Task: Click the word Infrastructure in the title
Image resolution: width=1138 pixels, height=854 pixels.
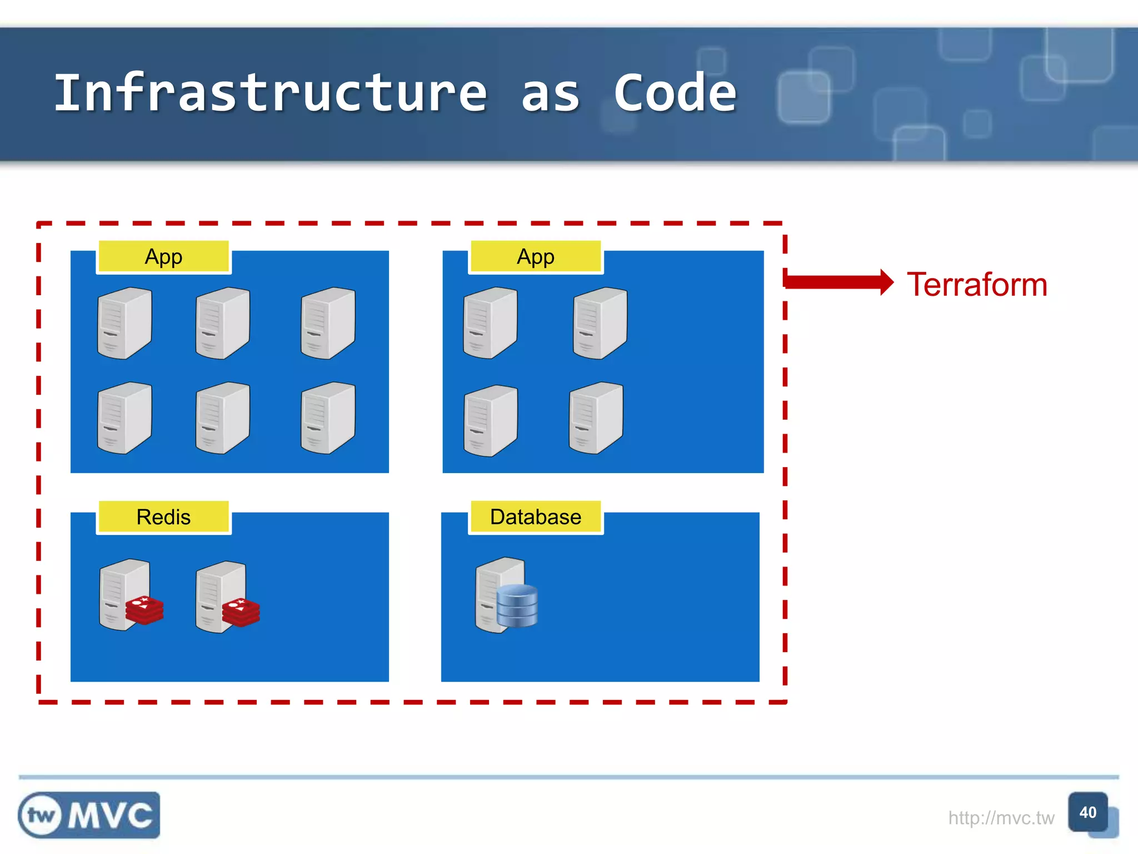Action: click(271, 93)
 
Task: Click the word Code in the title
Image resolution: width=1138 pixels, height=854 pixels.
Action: click(675, 93)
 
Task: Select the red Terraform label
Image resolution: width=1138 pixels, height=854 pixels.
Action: click(977, 285)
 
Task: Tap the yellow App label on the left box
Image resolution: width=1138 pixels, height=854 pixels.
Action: click(163, 257)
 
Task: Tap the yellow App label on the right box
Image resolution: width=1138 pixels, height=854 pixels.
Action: click(536, 257)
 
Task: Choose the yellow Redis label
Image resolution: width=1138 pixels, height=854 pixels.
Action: click(163, 517)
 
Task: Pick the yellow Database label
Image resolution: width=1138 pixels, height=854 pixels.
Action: click(536, 517)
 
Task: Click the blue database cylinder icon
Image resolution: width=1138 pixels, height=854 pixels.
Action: click(517, 605)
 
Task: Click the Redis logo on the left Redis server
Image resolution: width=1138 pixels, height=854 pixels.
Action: click(144, 610)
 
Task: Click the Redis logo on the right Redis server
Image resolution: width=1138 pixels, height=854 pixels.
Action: click(241, 612)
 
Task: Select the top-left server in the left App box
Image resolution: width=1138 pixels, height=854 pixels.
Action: click(124, 323)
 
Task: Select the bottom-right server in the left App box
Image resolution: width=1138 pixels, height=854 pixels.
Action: click(328, 418)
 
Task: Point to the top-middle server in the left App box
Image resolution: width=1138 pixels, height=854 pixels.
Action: click(222, 323)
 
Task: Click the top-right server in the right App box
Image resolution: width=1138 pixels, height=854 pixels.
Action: click(600, 323)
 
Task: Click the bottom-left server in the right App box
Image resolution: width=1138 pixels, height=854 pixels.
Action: click(490, 421)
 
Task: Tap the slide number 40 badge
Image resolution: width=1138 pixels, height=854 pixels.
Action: click(1087, 812)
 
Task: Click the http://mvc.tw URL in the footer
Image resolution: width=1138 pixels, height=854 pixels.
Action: click(1001, 818)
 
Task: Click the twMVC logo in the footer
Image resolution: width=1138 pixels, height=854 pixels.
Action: click(89, 815)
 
